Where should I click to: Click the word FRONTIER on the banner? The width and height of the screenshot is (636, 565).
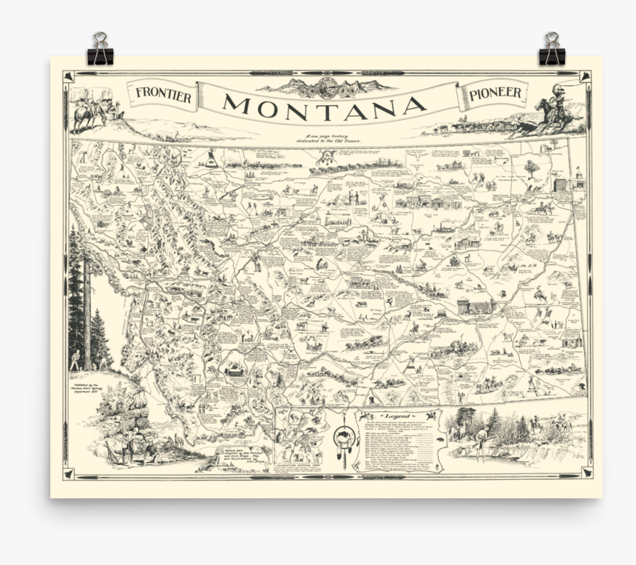[163, 95]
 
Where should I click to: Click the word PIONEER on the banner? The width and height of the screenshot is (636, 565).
[495, 93]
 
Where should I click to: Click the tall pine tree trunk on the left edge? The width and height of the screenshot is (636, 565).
[87, 311]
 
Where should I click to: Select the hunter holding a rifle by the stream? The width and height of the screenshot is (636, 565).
[481, 443]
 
